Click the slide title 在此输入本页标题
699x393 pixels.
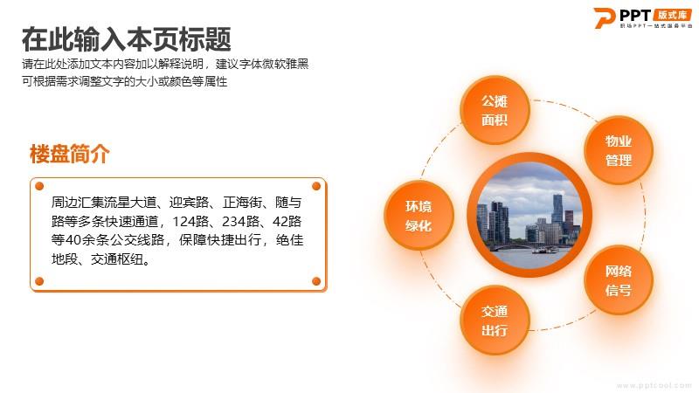coord(127,39)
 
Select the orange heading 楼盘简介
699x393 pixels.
coord(70,155)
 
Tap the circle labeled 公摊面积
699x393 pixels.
coord(495,110)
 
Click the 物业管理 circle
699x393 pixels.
coord(619,150)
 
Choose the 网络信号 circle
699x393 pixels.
coord(619,280)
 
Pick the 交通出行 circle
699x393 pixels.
coord(495,321)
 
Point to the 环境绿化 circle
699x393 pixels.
coord(419,216)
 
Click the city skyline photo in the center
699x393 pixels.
coord(529,215)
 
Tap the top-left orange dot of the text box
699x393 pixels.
coord(39,186)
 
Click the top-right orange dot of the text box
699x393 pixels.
coord(316,186)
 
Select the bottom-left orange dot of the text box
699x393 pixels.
coord(39,281)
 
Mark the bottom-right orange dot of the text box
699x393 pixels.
coord(316,281)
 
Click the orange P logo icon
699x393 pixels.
coord(604,17)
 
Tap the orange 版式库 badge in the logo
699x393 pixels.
coord(672,15)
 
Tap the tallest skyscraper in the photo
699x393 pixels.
coord(557,210)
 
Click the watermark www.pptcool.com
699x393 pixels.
coord(654,385)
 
